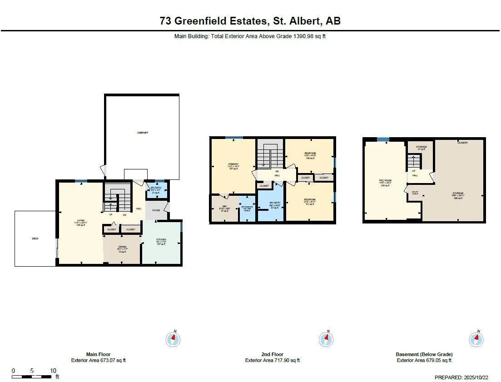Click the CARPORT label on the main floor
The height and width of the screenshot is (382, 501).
coord(143,133)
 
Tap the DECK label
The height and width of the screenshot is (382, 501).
coord(35,238)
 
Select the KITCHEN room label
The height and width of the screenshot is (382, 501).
coord(161,239)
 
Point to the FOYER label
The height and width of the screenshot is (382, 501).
coord(156,210)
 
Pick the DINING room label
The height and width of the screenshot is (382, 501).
coord(122,247)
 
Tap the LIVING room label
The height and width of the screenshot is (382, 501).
coord(79,222)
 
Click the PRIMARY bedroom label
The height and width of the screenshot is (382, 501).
coord(233,164)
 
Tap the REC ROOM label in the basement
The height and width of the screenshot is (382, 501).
coord(385,180)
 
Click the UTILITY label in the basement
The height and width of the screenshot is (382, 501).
coord(415,192)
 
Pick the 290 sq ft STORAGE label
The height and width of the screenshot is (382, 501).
coord(457,193)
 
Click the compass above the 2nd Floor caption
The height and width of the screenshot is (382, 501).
coord(325,339)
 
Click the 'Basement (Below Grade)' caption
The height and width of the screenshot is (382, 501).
coord(424,354)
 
